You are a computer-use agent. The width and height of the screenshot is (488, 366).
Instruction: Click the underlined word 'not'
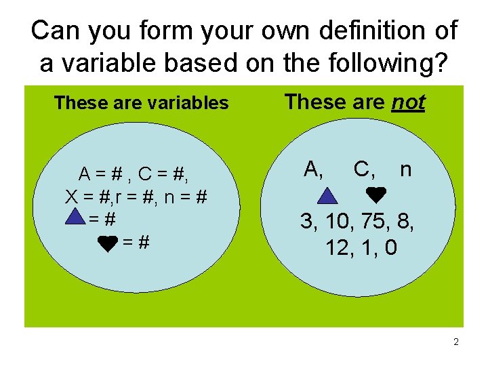[409, 102]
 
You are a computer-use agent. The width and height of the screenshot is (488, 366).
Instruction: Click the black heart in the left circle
[108, 242]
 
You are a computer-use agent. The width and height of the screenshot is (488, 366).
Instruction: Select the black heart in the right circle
[375, 195]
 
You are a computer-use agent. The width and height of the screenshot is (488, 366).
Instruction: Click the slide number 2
[456, 342]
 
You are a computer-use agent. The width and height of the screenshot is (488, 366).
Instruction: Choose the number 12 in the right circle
[337, 247]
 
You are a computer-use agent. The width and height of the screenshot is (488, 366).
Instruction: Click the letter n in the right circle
[405, 169]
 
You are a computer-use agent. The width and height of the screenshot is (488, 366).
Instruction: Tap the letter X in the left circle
[70, 197]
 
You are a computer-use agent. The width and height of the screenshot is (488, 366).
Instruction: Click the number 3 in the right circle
[307, 222]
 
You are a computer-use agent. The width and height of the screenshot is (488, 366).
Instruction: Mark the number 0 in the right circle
[391, 247]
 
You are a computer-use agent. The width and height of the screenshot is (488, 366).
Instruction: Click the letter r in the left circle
[120, 197]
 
